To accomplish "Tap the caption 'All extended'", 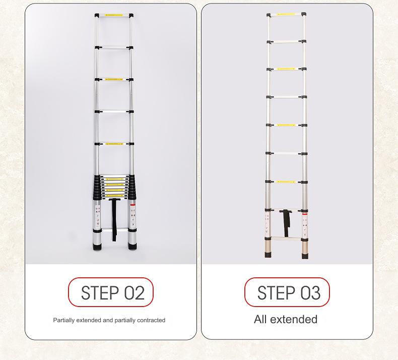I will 286,320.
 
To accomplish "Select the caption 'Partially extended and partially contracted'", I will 109,320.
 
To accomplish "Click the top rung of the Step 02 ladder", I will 114,16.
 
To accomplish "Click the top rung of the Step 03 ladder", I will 287,15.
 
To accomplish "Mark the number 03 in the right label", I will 310,292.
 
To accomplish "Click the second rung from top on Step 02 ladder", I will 114,48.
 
